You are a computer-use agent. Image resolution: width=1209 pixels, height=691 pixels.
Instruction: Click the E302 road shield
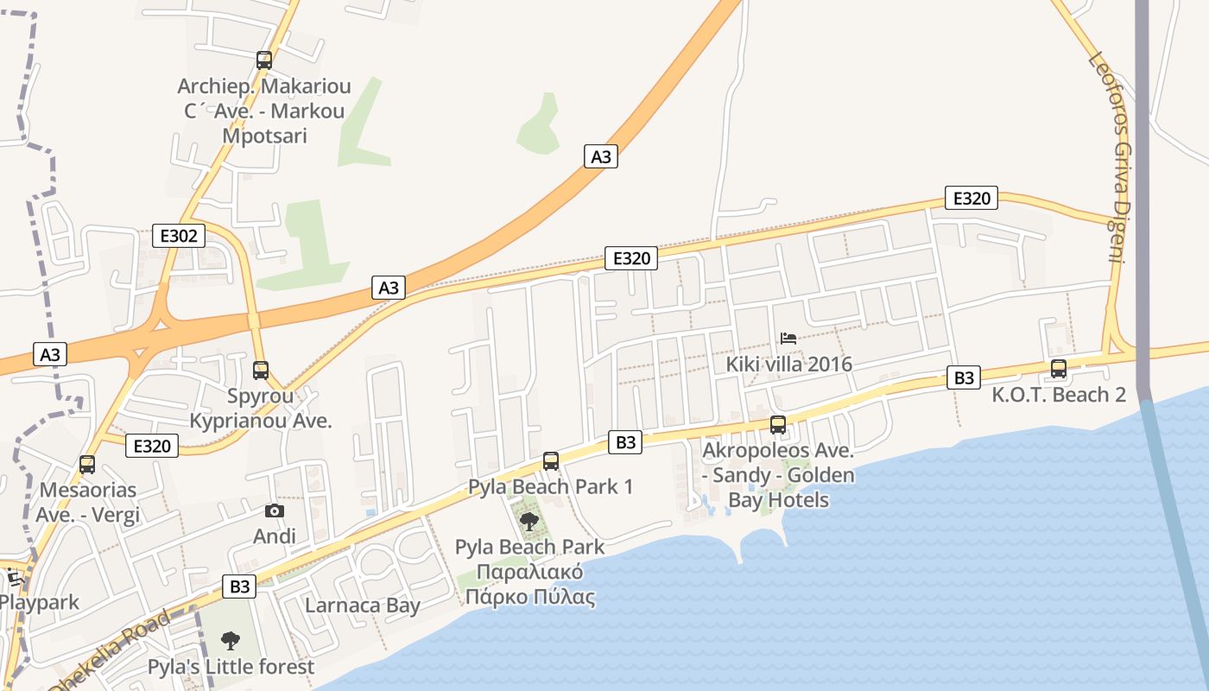pyautogui.click(x=179, y=235)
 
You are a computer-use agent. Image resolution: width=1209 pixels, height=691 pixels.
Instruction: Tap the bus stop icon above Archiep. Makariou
pyautogui.click(x=264, y=60)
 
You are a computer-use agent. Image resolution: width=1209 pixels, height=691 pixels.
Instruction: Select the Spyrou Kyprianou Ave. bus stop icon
pyautogui.click(x=261, y=371)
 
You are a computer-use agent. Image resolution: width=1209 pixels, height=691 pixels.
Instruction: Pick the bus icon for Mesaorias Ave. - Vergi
pyautogui.click(x=87, y=465)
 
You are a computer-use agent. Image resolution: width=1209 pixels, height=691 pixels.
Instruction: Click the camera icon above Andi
pyautogui.click(x=275, y=511)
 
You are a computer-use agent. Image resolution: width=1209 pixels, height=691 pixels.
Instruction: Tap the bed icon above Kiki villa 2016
pyautogui.click(x=788, y=338)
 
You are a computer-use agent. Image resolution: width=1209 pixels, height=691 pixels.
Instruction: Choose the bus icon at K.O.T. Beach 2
pyautogui.click(x=1059, y=369)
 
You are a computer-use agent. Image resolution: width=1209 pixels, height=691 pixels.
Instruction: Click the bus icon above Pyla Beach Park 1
pyautogui.click(x=551, y=461)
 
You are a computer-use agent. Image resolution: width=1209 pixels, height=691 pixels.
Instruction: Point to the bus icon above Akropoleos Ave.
pyautogui.click(x=778, y=425)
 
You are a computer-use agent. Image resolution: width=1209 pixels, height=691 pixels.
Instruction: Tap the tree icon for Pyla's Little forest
pyautogui.click(x=230, y=641)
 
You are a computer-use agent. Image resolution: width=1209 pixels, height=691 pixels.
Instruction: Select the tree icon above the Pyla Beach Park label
pyautogui.click(x=529, y=521)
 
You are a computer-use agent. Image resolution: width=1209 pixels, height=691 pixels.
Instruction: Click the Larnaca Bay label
pyautogui.click(x=363, y=605)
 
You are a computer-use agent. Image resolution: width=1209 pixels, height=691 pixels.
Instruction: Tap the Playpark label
pyautogui.click(x=40, y=602)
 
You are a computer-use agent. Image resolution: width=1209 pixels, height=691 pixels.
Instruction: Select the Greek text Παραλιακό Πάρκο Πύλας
pyautogui.click(x=529, y=584)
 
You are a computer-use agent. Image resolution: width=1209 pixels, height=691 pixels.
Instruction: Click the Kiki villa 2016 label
pyautogui.click(x=788, y=364)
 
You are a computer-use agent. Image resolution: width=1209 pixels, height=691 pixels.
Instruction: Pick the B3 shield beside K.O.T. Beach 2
pyautogui.click(x=964, y=377)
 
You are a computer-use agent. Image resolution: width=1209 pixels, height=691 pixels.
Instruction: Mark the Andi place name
pyautogui.click(x=275, y=536)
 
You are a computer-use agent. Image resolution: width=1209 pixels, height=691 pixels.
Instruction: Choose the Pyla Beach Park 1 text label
pyautogui.click(x=550, y=487)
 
